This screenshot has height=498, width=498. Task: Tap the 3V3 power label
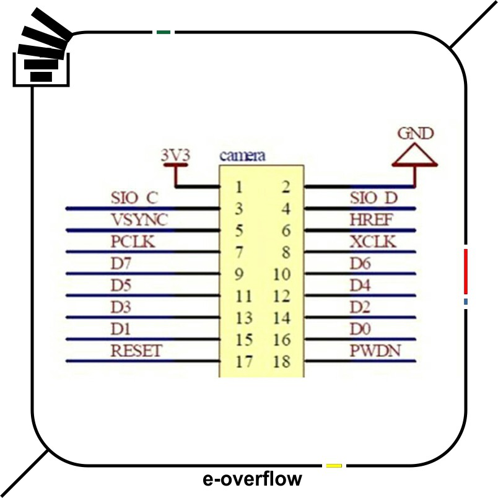175,155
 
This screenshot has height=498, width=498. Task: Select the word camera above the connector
243,155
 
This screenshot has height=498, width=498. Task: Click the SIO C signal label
134,198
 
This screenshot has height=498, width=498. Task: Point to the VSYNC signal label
139,220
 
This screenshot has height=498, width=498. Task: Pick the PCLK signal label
133,242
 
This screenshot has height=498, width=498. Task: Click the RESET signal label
136,351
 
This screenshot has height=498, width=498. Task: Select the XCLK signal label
372,242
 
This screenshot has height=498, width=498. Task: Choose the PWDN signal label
375,351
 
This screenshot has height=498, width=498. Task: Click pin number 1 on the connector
238,186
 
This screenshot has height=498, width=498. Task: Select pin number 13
245,318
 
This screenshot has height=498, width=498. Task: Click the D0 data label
360,329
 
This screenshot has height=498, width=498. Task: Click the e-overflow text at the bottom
252,479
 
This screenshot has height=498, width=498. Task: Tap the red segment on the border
466,271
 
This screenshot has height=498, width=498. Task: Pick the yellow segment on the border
334,465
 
